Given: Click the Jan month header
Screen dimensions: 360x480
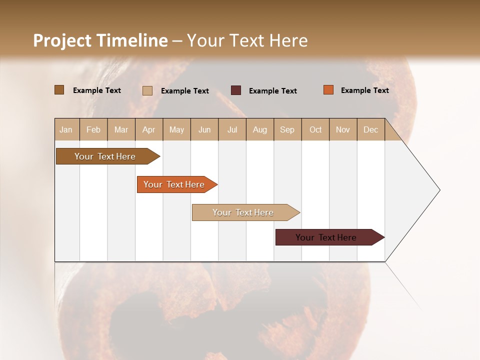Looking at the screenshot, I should [x=66, y=129].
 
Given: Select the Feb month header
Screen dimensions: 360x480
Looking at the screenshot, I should [x=93, y=129].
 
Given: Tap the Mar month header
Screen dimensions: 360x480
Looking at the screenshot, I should [x=121, y=129].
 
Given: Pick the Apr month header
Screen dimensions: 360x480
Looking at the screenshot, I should [x=149, y=129].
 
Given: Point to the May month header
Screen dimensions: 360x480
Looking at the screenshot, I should [x=176, y=129].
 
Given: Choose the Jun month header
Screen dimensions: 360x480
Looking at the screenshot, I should [x=204, y=129].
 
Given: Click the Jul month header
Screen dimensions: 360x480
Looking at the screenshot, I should [x=232, y=129].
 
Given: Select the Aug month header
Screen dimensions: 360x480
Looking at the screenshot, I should [x=260, y=129].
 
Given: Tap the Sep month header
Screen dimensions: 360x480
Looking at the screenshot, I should [x=287, y=129].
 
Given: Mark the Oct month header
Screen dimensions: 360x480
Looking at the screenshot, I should [x=315, y=129].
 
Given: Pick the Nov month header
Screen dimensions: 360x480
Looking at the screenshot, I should [x=343, y=129].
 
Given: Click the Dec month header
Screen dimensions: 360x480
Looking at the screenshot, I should [x=371, y=129].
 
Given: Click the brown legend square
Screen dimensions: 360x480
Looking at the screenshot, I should [x=59, y=90].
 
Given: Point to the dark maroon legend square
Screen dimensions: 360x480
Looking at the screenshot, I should [x=236, y=90].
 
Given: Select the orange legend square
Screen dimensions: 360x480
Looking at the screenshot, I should [x=328, y=90].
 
